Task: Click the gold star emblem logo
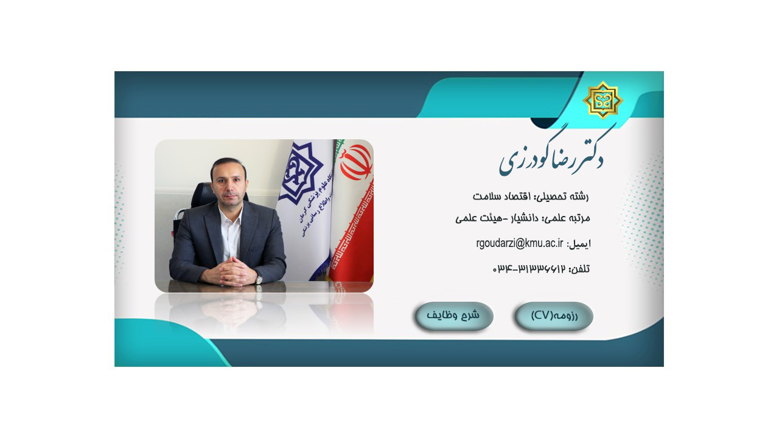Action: (x=603, y=100)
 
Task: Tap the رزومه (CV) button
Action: (x=554, y=316)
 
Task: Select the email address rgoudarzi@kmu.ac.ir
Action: (x=520, y=243)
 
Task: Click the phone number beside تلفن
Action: (x=529, y=269)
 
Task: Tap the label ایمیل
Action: (x=579, y=244)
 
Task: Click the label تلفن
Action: (x=579, y=269)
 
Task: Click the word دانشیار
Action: (x=524, y=218)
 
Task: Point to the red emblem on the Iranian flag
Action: (x=356, y=162)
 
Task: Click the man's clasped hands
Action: (x=231, y=271)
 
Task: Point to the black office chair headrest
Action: (x=205, y=195)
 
